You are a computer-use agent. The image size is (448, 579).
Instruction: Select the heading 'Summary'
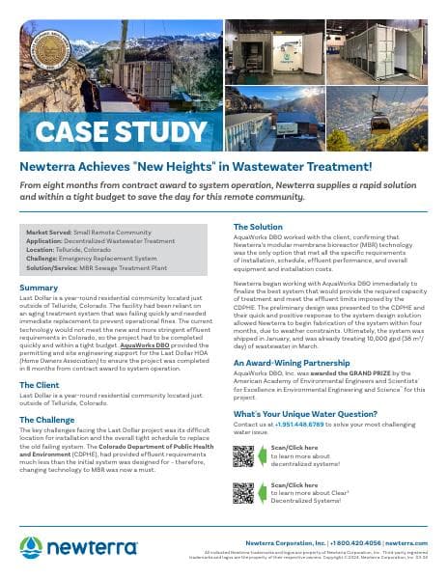39,288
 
